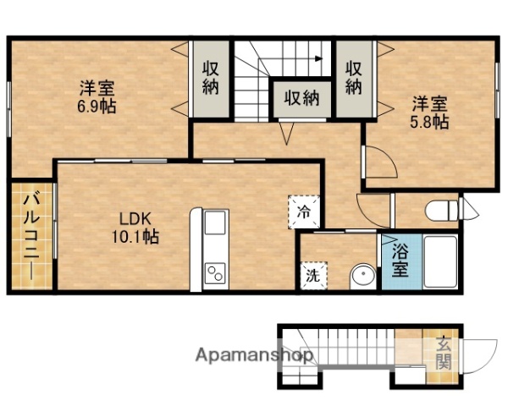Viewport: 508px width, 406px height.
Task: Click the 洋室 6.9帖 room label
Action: pos(98,96)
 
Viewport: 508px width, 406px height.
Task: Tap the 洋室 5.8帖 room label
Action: pos(430,112)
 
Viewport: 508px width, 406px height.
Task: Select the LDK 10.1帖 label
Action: pos(134,228)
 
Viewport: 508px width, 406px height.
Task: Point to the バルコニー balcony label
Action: pos(30,236)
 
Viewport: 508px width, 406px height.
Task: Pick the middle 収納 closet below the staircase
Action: pos(301,98)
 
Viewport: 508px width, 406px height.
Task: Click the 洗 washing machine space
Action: pos(312,275)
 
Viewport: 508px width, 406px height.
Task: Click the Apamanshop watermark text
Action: pos(254,355)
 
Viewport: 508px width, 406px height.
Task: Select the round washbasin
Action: pos(362,275)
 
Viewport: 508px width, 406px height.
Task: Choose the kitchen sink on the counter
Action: pos(215,224)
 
